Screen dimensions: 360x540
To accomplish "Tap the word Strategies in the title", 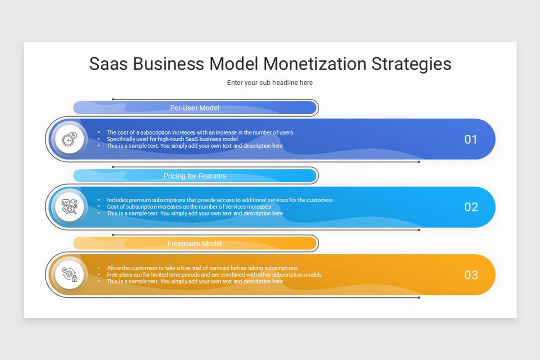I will tap(411, 64).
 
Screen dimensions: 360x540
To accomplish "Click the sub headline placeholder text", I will tap(270, 83).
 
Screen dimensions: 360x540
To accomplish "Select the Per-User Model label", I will tap(195, 108).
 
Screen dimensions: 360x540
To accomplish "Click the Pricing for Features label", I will tap(195, 176).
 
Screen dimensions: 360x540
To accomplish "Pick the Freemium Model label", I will tap(195, 243).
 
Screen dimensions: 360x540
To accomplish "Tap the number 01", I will tap(471, 139).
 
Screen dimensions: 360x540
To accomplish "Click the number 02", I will tap(471, 207).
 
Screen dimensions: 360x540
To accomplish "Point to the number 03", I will tap(471, 275).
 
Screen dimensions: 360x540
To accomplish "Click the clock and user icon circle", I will tap(69, 139).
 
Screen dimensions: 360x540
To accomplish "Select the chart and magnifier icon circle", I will tap(69, 207).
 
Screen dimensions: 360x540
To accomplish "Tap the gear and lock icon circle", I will tap(69, 274).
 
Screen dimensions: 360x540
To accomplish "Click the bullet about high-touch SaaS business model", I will tap(172, 139).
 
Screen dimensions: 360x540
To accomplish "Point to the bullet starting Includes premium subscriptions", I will tap(220, 200).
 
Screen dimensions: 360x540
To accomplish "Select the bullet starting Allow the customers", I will tap(202, 268).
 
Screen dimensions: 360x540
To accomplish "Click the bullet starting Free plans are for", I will tap(214, 274).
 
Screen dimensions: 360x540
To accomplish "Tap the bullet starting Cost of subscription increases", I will tap(189, 207).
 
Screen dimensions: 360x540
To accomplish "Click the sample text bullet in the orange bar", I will tap(195, 281).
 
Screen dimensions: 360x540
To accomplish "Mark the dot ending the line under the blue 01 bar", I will tap(419, 162).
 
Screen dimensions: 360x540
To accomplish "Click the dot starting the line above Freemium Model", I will tap(113, 235).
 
